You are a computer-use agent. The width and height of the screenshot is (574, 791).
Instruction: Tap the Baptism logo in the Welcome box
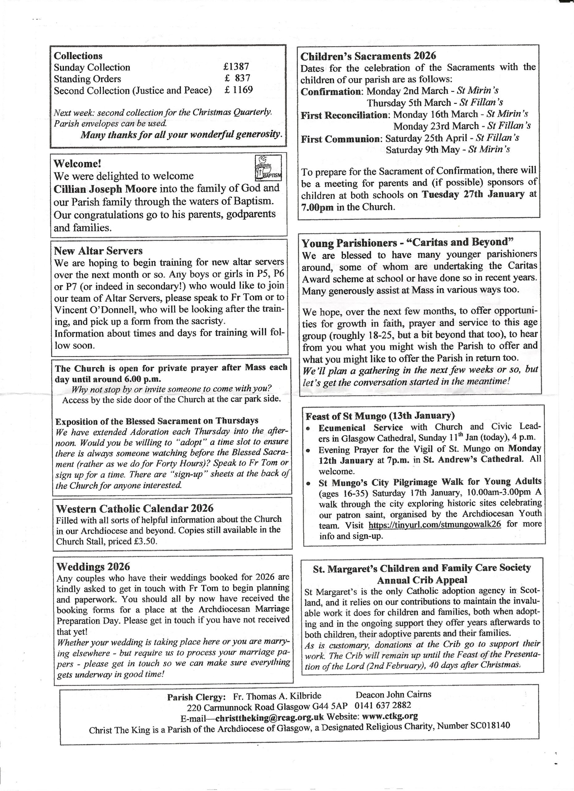(268, 168)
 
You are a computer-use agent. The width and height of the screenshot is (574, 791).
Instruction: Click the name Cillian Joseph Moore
(105, 189)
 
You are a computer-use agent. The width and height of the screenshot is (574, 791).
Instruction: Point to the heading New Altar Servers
(98, 251)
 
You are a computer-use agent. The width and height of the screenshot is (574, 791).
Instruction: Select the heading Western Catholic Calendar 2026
(135, 509)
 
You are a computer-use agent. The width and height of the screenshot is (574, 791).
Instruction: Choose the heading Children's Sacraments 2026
(368, 56)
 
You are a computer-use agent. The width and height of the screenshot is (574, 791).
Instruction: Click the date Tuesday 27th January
(473, 194)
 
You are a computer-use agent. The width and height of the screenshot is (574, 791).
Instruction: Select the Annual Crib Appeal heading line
(422, 580)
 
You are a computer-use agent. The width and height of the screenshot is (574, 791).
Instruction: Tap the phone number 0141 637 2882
(383, 705)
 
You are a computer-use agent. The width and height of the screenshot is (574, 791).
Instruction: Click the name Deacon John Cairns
(393, 694)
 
